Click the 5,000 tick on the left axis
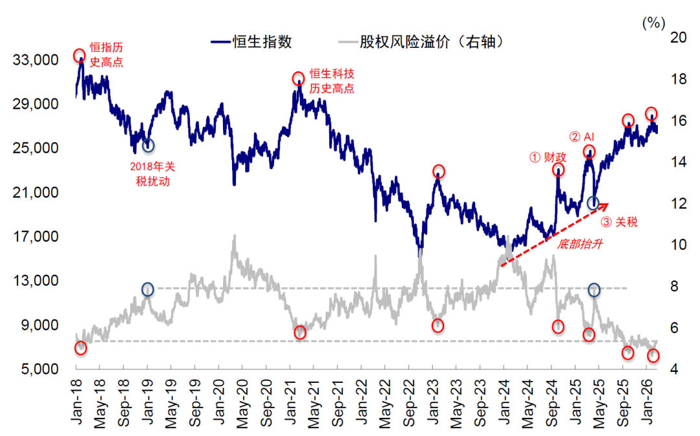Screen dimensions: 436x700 pyautogui.click(x=40, y=369)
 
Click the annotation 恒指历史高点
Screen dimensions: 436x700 pyautogui.click(x=106, y=55)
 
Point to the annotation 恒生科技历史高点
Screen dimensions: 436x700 pyautogui.click(x=332, y=81)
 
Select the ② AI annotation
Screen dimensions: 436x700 pyautogui.click(x=582, y=137)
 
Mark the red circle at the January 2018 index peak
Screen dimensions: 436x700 pyautogui.click(x=80, y=56)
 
